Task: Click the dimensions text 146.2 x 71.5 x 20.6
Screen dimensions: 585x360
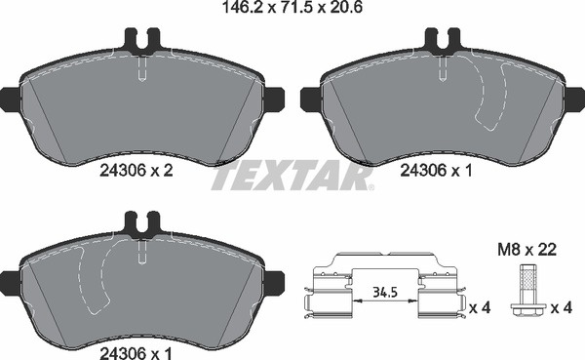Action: pos(292,7)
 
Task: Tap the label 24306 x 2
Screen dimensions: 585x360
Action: pos(136,171)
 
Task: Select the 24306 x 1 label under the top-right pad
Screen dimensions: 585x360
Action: pos(436,171)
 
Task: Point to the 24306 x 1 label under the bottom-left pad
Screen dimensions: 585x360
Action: pos(136,352)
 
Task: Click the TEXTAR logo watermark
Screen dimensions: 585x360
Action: pos(292,176)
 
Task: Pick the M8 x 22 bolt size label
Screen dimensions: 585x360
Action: pos(527,250)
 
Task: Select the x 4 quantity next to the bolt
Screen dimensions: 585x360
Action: pos(562,308)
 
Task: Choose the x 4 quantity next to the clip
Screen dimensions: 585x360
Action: pos(480,308)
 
